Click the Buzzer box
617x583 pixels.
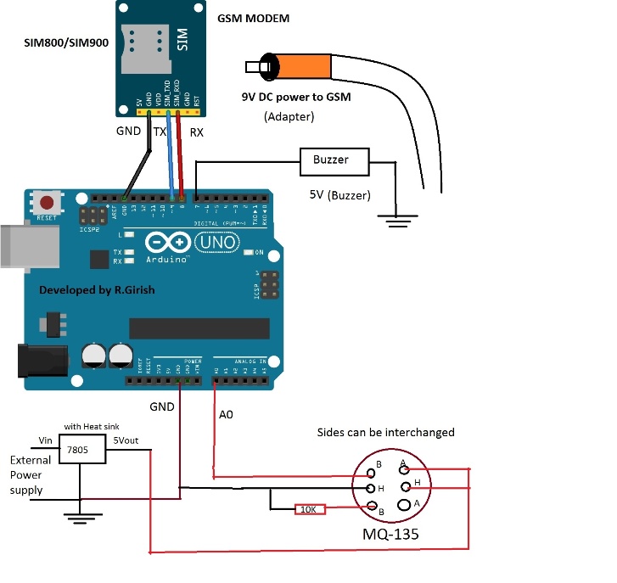(x=335, y=160)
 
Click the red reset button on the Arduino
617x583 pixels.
(x=48, y=204)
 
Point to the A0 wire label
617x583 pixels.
(x=226, y=416)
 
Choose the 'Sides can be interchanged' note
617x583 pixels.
(x=385, y=432)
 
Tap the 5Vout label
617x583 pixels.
(x=128, y=440)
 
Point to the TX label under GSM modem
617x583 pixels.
(x=159, y=132)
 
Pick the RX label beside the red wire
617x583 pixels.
(x=196, y=132)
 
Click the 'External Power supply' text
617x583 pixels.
(x=31, y=474)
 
